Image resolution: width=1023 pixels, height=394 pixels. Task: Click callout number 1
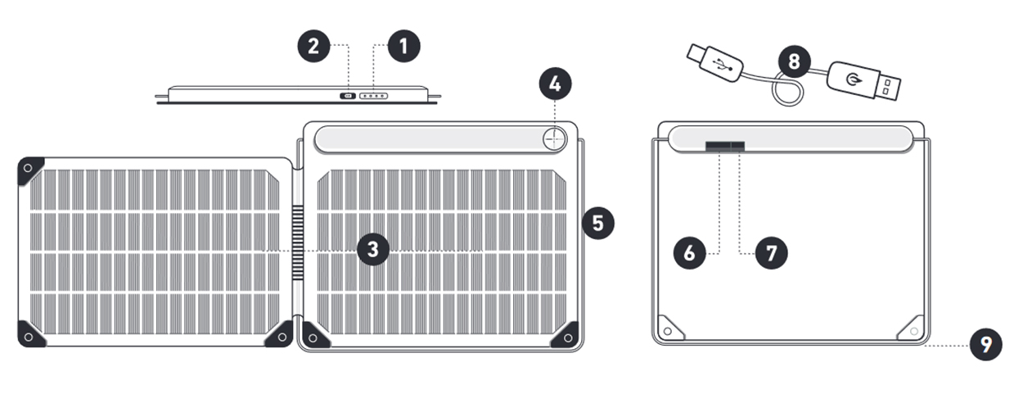point(403,46)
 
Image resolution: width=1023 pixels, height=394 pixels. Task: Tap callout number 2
point(313,46)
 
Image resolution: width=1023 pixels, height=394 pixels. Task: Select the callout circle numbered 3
point(372,249)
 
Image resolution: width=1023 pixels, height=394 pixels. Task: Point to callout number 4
point(555,84)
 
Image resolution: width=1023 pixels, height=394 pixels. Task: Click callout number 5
point(597,223)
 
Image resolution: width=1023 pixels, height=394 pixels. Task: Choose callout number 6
point(690,253)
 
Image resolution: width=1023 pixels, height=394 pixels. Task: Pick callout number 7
point(771,253)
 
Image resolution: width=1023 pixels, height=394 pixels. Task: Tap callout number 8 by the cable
point(794,61)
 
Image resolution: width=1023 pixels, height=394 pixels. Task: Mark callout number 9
point(985,345)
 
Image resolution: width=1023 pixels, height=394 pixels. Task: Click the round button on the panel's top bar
point(555,139)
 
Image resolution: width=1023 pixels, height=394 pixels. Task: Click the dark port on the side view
point(347,96)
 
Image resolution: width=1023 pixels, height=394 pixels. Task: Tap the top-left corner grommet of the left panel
point(29,168)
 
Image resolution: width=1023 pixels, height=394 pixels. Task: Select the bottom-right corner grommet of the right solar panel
point(566,337)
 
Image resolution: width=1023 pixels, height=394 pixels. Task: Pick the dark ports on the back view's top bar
point(726,146)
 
